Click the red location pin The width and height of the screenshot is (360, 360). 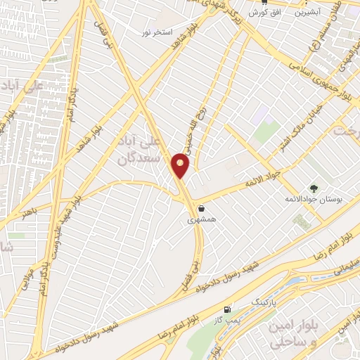pos(181,165)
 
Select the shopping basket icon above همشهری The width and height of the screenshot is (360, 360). pos(202,208)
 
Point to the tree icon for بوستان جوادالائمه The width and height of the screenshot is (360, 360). pos(313,188)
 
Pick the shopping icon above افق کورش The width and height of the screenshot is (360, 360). pos(264,2)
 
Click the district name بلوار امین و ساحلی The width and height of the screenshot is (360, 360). pos(292,335)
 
